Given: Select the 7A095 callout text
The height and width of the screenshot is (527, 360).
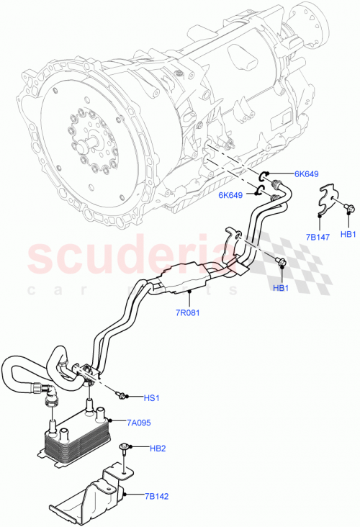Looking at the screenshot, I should click(138, 423).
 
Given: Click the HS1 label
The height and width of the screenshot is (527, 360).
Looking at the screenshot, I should click(151, 397).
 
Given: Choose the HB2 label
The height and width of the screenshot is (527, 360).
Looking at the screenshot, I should click(158, 449).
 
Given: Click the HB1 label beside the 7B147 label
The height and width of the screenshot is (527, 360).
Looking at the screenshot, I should click(348, 234).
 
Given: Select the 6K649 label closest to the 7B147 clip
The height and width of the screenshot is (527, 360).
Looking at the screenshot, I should click(305, 174).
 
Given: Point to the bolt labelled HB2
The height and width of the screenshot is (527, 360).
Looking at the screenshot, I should click(127, 449).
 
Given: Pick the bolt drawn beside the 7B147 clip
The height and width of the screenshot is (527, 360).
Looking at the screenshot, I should click(348, 208).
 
